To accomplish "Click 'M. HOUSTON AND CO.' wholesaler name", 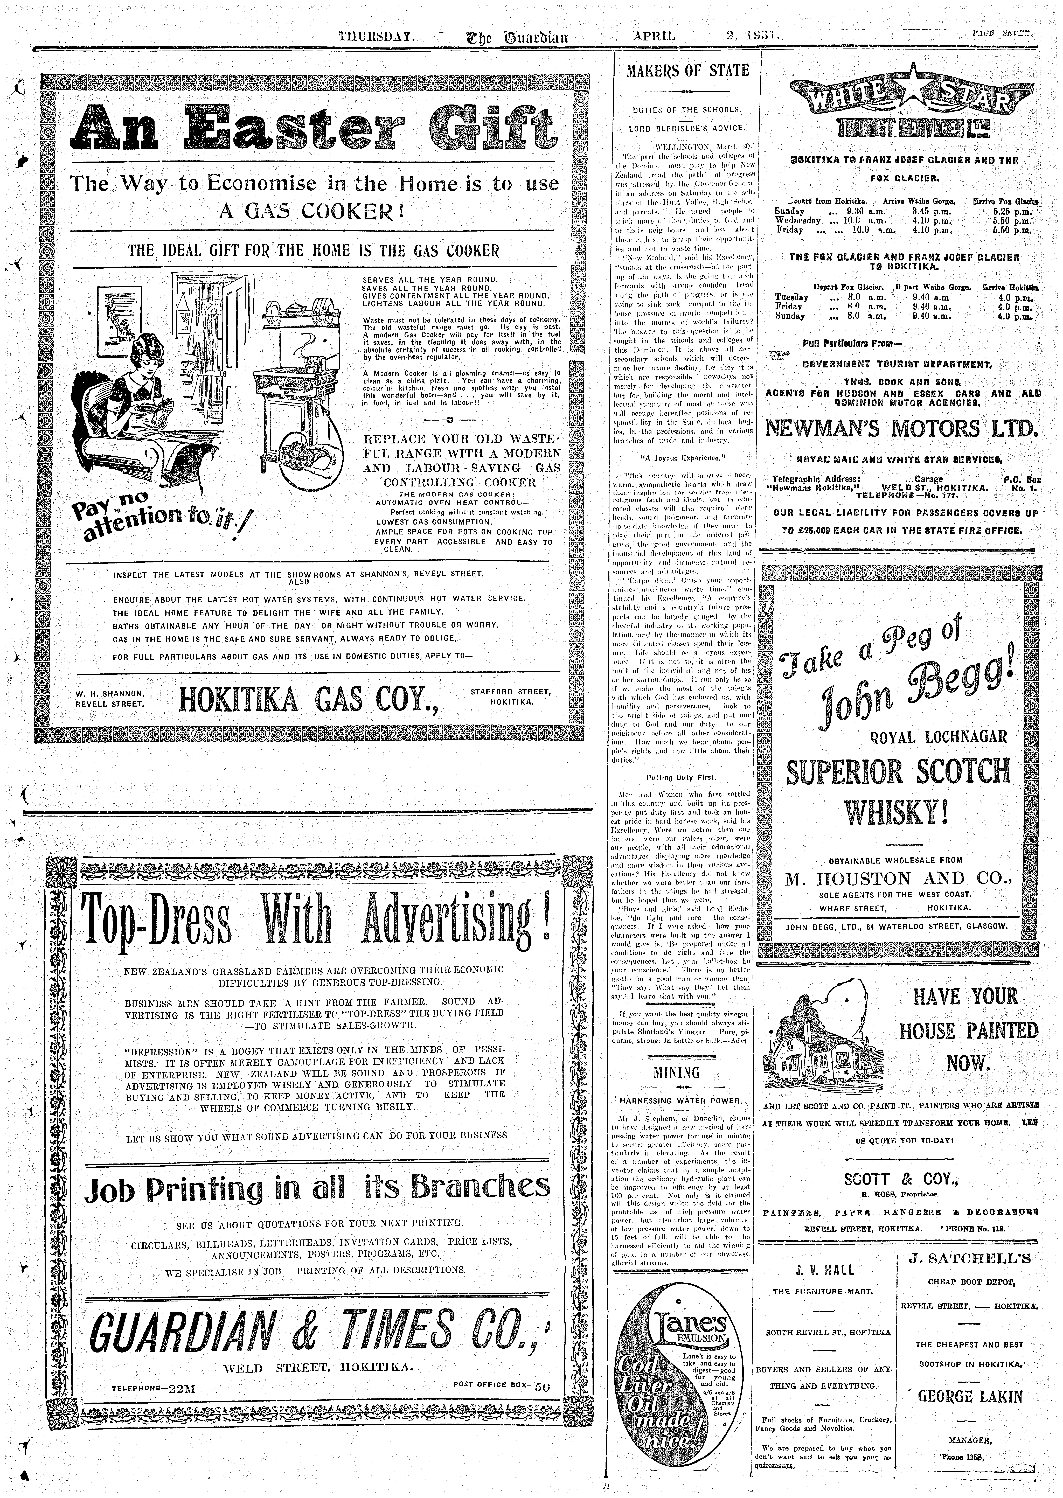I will [899, 879].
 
